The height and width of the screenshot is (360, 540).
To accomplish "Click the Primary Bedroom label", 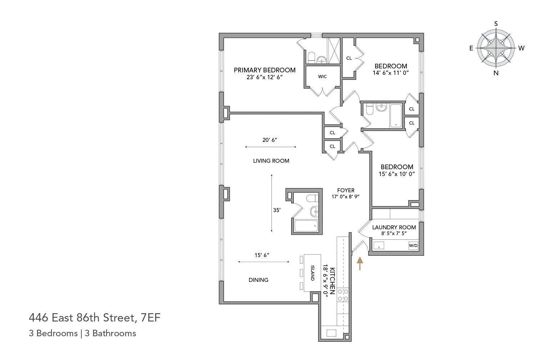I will tap(265, 70).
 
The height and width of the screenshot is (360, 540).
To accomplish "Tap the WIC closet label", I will tap(322, 77).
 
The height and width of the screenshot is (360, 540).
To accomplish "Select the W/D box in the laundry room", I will tap(413, 246).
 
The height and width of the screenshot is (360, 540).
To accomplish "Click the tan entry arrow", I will tap(359, 263).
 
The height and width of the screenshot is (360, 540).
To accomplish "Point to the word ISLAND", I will tap(312, 273).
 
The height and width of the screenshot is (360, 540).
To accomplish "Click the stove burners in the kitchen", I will tap(343, 295).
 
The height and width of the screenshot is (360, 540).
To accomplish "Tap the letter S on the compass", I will tap(496, 24).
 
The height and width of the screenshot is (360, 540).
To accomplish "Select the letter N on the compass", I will tap(496, 73).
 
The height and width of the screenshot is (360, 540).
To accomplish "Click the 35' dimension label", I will tap(276, 210).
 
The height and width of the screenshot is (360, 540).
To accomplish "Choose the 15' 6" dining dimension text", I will tap(262, 255).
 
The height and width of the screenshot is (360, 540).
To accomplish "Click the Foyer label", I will tap(346, 190).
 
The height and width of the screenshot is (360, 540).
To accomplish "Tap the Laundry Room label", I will tap(394, 227).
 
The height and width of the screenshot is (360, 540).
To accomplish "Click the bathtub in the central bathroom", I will tap(305, 226).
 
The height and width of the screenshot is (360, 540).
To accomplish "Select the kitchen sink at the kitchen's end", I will tap(331, 333).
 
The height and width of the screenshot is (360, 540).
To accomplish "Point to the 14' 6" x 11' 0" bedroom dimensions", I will tap(391, 73).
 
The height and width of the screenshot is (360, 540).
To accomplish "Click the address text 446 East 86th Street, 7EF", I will tap(94, 318).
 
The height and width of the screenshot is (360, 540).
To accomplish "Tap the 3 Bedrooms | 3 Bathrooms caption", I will tap(82, 333).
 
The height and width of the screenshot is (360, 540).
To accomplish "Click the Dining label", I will tap(258, 280).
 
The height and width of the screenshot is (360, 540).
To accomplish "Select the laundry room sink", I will tap(379, 246).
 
